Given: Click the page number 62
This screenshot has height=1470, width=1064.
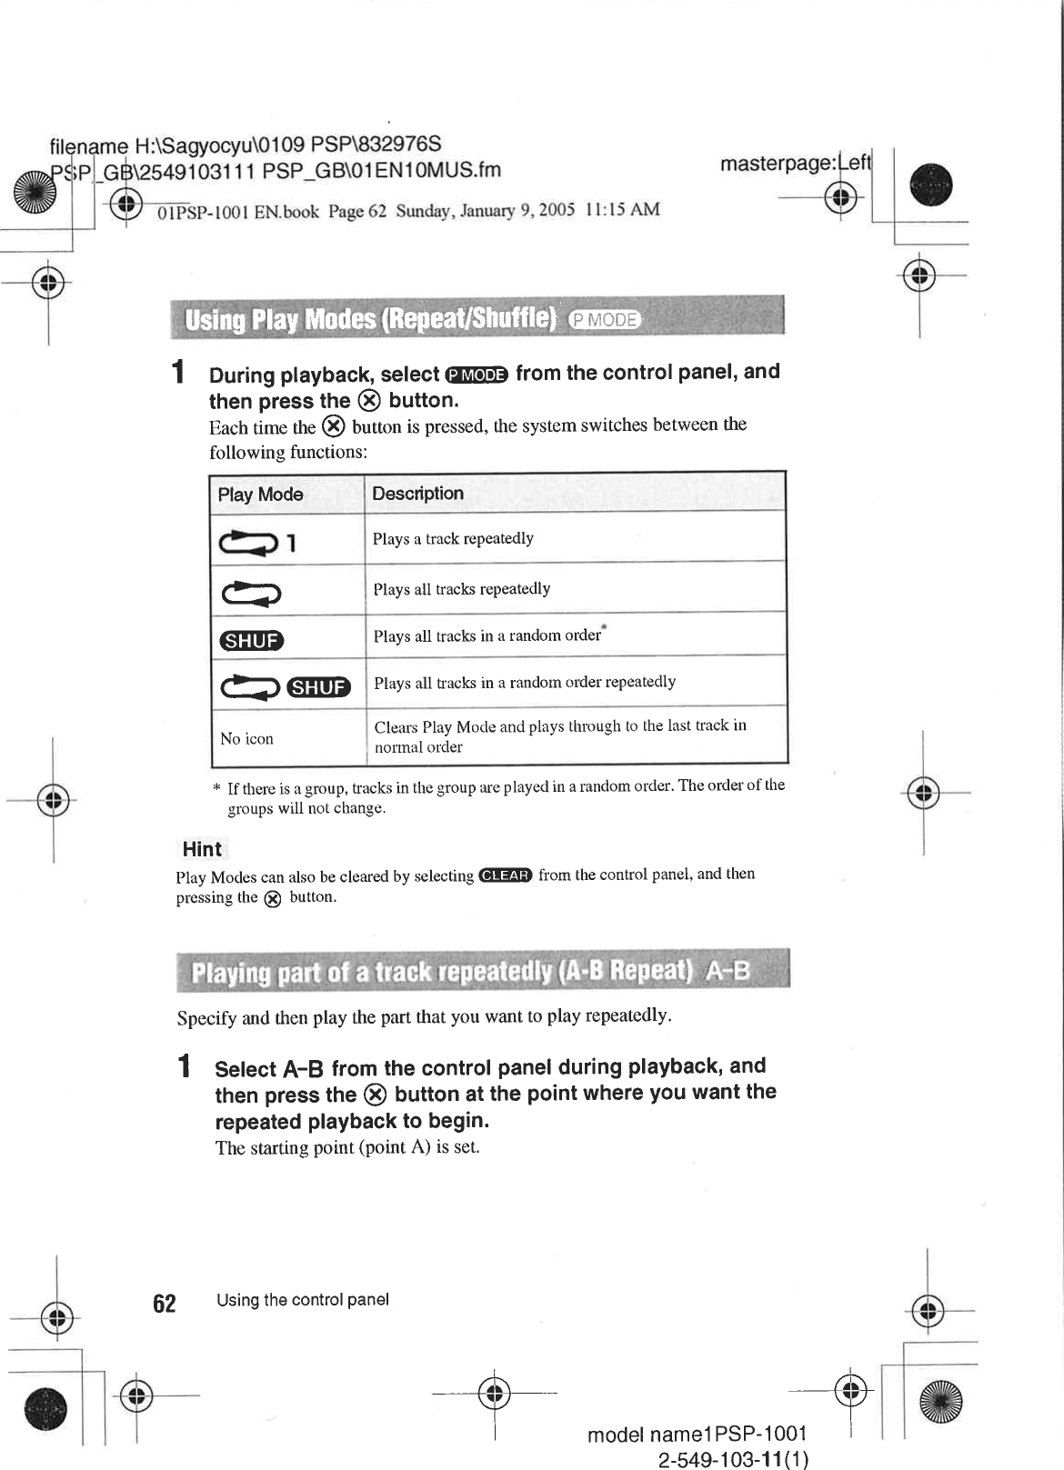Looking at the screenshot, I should (x=165, y=1304).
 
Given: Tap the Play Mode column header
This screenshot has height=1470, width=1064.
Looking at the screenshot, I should (x=260, y=495).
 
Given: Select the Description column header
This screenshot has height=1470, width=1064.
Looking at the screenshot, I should (x=417, y=494).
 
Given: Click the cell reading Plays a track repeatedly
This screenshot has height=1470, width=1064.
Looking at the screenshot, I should (x=453, y=538).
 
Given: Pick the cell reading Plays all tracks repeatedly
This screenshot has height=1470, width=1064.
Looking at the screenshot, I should (x=461, y=589).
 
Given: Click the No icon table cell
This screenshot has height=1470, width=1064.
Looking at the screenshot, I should (x=246, y=739).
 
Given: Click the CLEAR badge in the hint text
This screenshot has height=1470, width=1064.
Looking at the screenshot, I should (x=505, y=875).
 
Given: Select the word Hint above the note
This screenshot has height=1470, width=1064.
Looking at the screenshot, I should (x=202, y=849).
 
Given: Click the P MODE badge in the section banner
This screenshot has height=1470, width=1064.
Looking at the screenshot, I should (x=604, y=319).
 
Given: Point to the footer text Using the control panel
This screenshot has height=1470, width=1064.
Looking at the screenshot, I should (x=303, y=1300).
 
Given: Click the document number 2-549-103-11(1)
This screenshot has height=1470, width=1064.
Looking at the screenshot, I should (x=733, y=1460).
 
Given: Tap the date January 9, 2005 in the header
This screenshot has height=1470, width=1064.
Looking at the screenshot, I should (x=517, y=210).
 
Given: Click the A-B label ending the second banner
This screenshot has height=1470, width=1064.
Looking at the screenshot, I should (x=728, y=972).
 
